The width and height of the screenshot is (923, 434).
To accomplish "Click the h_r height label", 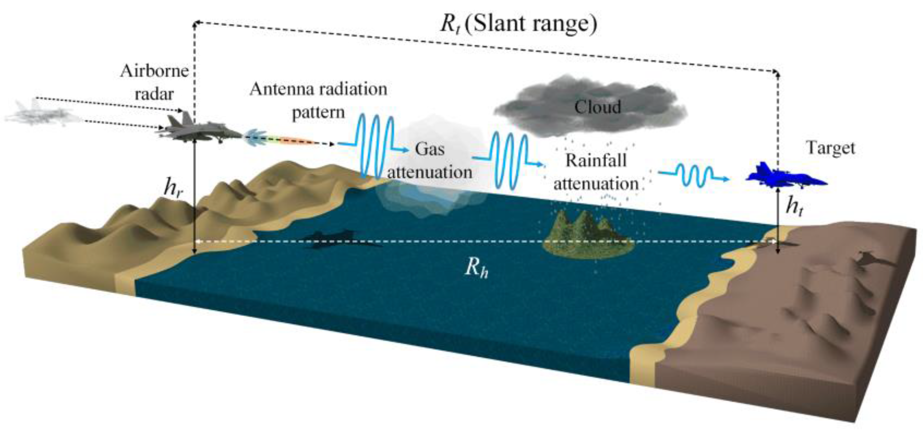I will click(173, 188).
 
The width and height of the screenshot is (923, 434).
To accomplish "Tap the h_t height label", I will click(794, 206).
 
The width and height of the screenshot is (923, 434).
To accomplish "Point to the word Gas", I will click(430, 149).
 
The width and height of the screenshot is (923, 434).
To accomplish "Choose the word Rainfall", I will click(596, 161).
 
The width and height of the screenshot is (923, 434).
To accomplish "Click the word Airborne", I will click(154, 71).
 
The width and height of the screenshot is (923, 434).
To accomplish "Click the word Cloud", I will click(597, 107).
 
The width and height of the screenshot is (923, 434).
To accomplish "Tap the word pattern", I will click(318, 113).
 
